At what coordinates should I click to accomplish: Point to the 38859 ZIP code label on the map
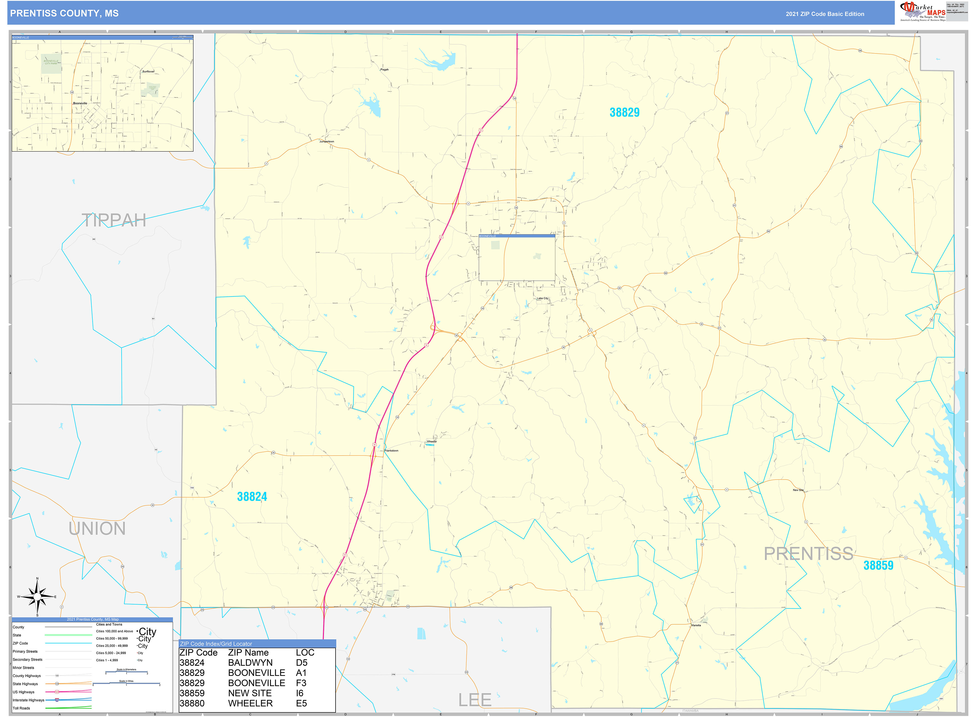(x=878, y=565)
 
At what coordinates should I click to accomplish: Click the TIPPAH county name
(x=114, y=221)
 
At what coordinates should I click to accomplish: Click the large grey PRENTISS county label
(x=808, y=554)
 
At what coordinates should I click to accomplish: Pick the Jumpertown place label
(x=327, y=141)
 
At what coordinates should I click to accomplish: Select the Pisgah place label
(x=385, y=69)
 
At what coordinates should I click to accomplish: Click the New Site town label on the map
(x=798, y=490)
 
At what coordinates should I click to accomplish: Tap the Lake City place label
(x=543, y=298)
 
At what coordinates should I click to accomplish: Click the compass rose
(x=37, y=597)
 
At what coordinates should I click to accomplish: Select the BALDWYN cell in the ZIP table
(x=250, y=663)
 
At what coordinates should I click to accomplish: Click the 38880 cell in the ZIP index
(x=192, y=703)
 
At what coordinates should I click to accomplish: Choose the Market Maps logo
(x=922, y=12)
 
